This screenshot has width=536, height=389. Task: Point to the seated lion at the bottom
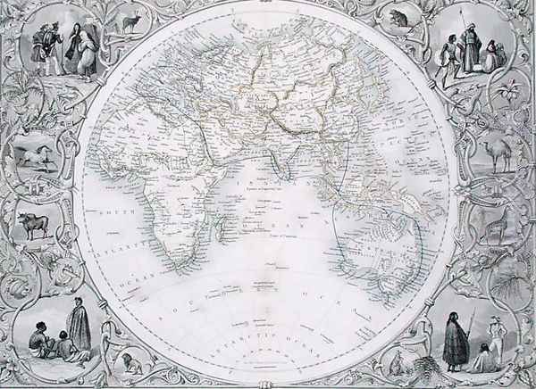click(x=131, y=361)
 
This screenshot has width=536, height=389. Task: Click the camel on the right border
click(x=497, y=153)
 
